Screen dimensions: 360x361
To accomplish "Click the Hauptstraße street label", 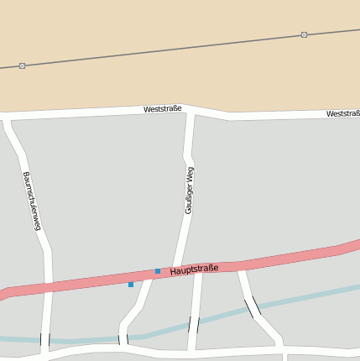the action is (194, 269).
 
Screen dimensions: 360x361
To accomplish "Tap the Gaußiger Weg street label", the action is (190, 190).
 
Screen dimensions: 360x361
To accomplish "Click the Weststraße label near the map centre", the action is (162, 109).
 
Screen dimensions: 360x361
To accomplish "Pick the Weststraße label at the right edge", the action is (342, 113).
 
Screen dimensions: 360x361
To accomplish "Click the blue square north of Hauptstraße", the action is (158, 270).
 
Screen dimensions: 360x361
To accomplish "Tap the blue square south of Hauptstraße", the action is (131, 285).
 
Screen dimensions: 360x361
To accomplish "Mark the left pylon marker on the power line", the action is (22, 65).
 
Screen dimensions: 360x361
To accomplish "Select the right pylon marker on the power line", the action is (304, 35).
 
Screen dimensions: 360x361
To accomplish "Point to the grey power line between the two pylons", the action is (164, 50).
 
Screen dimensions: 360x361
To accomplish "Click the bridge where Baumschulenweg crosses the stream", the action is (44, 340).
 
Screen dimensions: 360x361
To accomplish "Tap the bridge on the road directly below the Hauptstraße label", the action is (195, 324).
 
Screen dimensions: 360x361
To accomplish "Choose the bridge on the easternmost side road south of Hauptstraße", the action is (252, 307).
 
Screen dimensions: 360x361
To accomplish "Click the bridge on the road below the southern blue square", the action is (123, 339).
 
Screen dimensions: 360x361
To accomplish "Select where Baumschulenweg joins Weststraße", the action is (7, 118).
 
